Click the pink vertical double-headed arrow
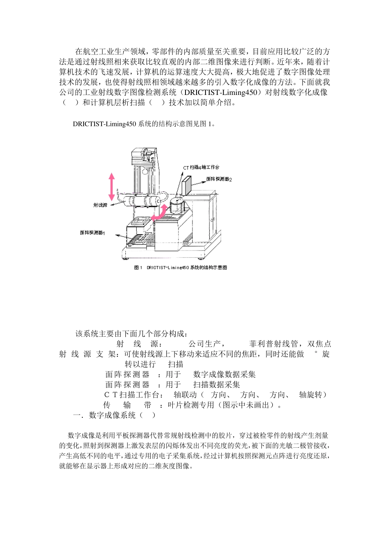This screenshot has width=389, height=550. [x=111, y=187]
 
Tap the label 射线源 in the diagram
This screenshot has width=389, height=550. [x=100, y=205]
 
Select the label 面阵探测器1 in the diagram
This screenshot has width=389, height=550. [x=93, y=233]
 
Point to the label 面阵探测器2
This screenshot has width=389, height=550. [x=219, y=179]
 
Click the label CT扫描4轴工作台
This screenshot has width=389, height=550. [x=201, y=167]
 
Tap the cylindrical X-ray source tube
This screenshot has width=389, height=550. [x=141, y=202]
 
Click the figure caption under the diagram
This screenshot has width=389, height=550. [x=180, y=268]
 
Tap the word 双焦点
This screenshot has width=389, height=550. [x=319, y=344]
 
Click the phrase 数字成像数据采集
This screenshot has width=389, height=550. [x=224, y=374]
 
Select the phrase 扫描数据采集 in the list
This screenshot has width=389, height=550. [x=217, y=385]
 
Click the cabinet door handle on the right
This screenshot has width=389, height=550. [x=213, y=220]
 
